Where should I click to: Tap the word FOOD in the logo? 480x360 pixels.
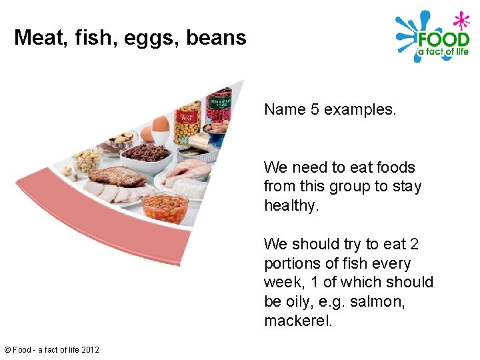(443, 37)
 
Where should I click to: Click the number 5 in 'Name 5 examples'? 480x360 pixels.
(315, 109)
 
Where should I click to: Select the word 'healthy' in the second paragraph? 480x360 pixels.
(290, 205)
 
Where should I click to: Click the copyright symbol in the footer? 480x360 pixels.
(7, 349)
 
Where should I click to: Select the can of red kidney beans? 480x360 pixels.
(219, 110)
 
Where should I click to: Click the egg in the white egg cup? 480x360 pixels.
(161, 124)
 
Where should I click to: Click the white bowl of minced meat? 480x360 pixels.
(147, 155)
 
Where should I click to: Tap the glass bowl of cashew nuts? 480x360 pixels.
(87, 161)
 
